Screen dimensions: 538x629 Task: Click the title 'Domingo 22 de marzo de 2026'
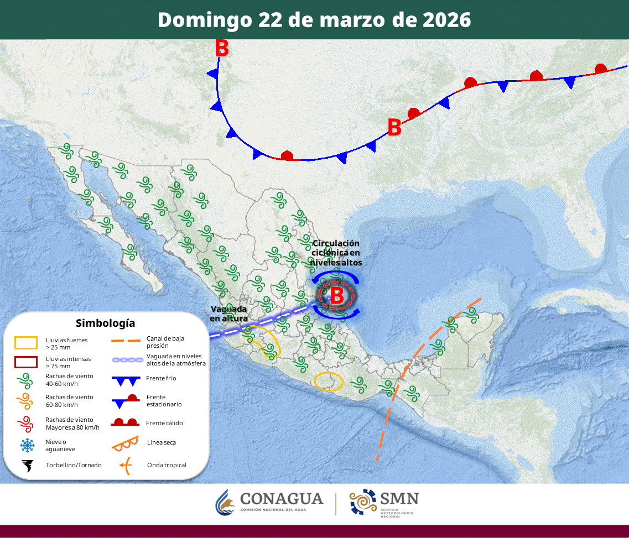314,20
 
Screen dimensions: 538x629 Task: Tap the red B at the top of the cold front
222,49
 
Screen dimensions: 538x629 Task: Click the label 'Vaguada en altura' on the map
228,314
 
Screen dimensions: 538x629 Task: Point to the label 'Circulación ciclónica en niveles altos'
336,253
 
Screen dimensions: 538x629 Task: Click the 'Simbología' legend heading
105,323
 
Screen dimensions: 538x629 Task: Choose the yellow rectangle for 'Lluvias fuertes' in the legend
26,343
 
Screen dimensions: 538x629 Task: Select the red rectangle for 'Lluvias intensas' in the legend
26,362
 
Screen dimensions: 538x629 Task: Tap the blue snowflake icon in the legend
26,445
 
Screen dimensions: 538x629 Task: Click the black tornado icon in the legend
26,466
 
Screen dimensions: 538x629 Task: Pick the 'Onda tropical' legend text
167,465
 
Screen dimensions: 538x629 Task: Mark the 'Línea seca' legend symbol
124,443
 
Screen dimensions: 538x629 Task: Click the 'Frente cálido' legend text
165,423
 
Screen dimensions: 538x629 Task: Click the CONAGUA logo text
282,499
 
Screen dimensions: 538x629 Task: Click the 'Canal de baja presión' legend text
165,342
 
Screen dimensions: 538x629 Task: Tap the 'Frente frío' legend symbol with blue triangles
124,380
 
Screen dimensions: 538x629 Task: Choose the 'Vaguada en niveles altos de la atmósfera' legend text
176,359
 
